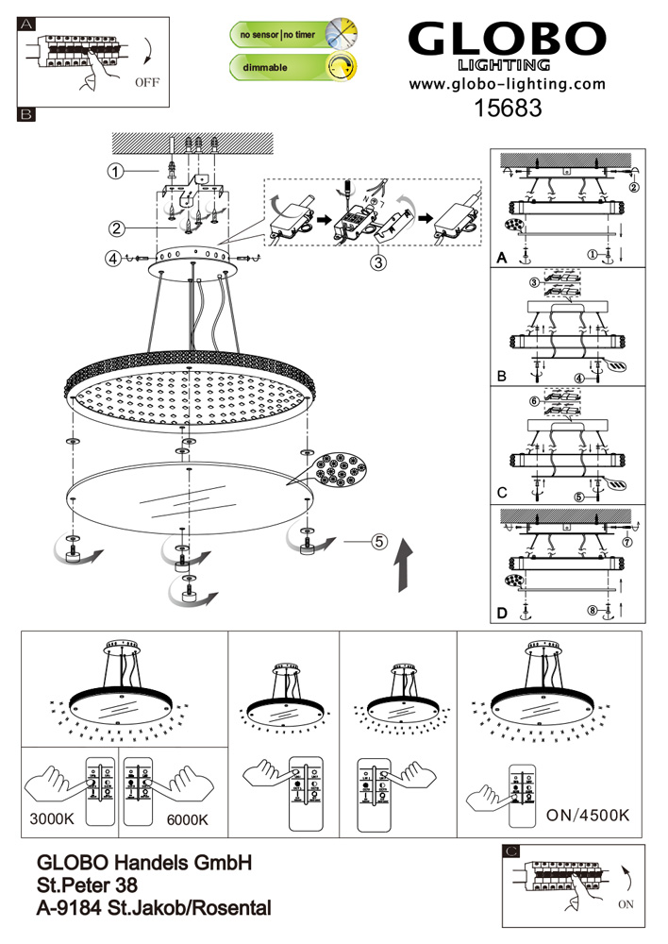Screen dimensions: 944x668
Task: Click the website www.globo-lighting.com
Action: click(506, 85)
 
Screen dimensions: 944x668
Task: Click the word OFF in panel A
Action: click(148, 83)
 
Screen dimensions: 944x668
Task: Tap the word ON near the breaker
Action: click(625, 903)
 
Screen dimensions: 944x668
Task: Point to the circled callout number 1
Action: click(115, 172)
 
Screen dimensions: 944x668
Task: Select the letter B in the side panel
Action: click(502, 376)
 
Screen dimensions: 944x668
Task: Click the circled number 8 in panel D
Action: click(593, 612)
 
